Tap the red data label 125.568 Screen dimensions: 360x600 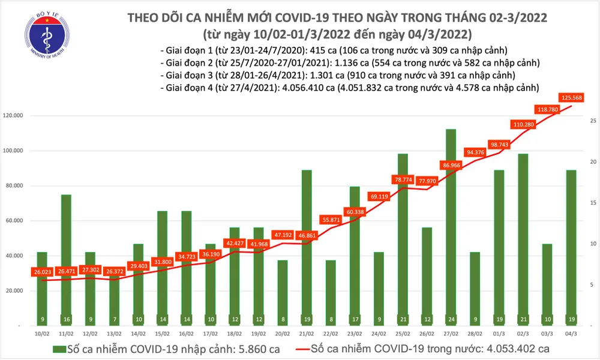click(x=571, y=97)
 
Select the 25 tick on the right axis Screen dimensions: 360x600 click(x=592, y=121)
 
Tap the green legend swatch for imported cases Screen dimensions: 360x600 click(x=59, y=349)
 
